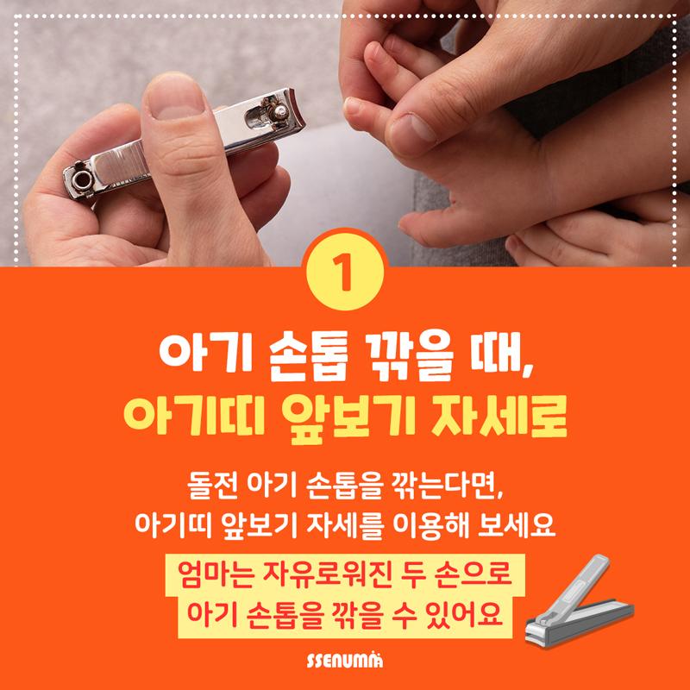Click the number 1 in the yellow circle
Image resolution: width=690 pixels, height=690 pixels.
(342, 272)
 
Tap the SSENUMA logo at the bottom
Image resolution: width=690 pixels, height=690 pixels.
(344, 661)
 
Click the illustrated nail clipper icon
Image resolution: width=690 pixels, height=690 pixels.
(580, 601)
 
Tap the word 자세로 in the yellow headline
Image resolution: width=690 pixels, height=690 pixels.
(499, 416)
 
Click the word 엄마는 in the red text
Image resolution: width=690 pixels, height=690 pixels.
(216, 574)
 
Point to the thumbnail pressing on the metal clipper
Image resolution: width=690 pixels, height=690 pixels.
(175, 101)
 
